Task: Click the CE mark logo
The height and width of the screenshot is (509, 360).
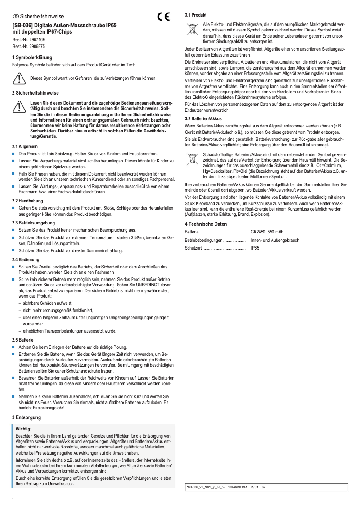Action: pyautogui.click(x=164, y=17)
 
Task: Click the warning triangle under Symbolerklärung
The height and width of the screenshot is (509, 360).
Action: pyautogui.click(x=19, y=78)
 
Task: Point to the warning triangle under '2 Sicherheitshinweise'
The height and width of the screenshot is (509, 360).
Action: pyautogui.click(x=19, y=106)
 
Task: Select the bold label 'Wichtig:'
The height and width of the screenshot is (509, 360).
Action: pyautogui.click(x=23, y=429)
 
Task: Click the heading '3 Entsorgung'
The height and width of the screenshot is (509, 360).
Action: pyautogui.click(x=26, y=417)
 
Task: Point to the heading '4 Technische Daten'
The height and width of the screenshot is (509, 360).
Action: pyautogui.click(x=206, y=224)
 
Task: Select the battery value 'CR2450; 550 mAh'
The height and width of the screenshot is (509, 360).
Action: pyautogui.click(x=267, y=232)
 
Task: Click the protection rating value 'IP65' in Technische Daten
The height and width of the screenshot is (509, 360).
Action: pyautogui.click(x=255, y=248)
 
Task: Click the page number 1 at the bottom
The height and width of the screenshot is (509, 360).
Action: pyautogui.click(x=13, y=499)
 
